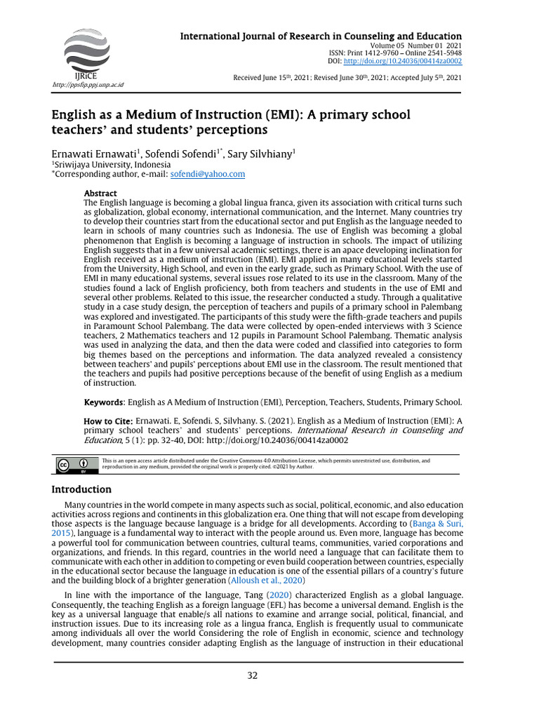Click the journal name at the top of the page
(321, 36)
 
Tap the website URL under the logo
(88, 84)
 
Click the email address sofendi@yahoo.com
(208, 174)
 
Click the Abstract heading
(100, 193)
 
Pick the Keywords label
(103, 402)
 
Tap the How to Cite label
(108, 420)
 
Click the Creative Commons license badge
(74, 464)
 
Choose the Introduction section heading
(81, 489)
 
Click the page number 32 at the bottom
(253, 675)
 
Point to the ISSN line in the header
(395, 53)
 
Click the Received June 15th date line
(347, 77)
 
